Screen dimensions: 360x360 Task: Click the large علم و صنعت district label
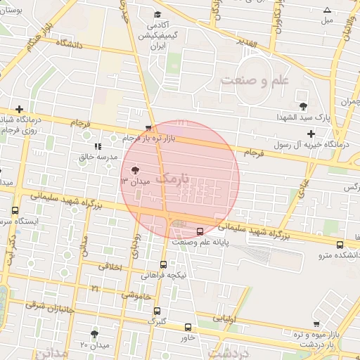point(255,80)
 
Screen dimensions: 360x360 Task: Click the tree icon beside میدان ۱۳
point(135,170)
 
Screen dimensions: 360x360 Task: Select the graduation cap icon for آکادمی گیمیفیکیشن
point(157,14)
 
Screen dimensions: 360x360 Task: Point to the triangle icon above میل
point(327,10)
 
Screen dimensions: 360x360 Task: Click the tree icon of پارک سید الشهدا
point(303,106)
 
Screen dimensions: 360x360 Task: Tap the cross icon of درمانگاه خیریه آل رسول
point(311,134)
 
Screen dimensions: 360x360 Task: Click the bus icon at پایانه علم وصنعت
point(200,231)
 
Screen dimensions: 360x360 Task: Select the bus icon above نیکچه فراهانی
point(163,264)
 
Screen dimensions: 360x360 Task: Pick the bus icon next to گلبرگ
point(156,310)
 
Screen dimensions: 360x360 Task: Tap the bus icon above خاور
point(188,327)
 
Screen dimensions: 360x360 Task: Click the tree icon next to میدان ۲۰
point(95,333)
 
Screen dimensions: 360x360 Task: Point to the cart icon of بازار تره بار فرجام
point(148,129)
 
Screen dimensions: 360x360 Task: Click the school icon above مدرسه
point(98,147)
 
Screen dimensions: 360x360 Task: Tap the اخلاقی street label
point(110,267)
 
